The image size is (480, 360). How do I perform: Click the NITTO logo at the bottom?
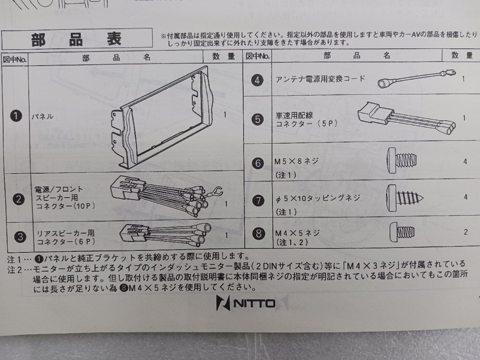(x=246, y=303)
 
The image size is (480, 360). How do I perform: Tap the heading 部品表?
(x=76, y=40)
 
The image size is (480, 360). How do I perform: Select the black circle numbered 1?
(x=16, y=116)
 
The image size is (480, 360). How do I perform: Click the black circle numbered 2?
(x=18, y=199)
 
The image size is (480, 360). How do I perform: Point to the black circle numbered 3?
(x=20, y=237)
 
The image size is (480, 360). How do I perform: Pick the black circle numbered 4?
(x=257, y=80)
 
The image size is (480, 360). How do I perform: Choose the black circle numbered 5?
(x=258, y=119)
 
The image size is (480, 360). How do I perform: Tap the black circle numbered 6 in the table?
(x=258, y=163)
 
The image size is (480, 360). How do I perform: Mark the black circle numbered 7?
(x=258, y=200)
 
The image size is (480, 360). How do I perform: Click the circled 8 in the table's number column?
(x=259, y=234)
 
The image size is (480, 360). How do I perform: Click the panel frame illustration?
(x=162, y=118)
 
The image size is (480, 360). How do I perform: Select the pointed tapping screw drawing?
(x=405, y=198)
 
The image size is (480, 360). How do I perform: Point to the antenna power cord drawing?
(x=417, y=78)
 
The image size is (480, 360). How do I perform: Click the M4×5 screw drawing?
(x=402, y=232)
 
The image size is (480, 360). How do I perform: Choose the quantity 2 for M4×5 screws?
(x=466, y=232)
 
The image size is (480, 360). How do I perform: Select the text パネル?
(x=43, y=116)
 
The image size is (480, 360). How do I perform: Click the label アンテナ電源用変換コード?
(x=320, y=79)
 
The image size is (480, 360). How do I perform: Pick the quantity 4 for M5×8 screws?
(x=465, y=162)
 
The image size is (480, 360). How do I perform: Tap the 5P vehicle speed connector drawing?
(x=406, y=118)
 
